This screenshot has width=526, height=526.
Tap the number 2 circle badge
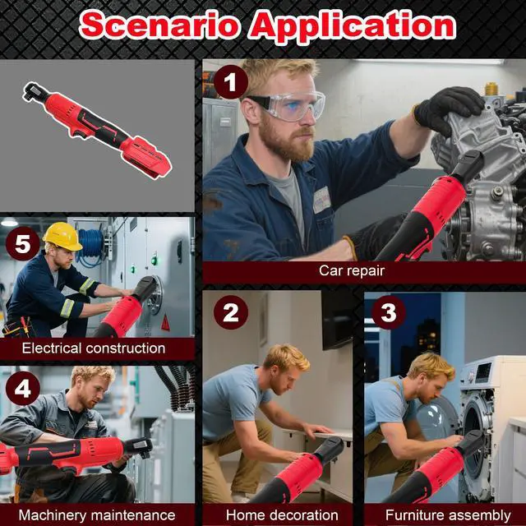click(x=231, y=313)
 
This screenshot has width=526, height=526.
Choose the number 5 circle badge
click(x=22, y=245)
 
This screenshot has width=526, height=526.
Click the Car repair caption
click(x=352, y=270)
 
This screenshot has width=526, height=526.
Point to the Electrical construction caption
click(x=94, y=348)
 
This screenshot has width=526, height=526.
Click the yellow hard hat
click(x=62, y=236)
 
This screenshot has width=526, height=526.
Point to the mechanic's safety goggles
click(x=288, y=106)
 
